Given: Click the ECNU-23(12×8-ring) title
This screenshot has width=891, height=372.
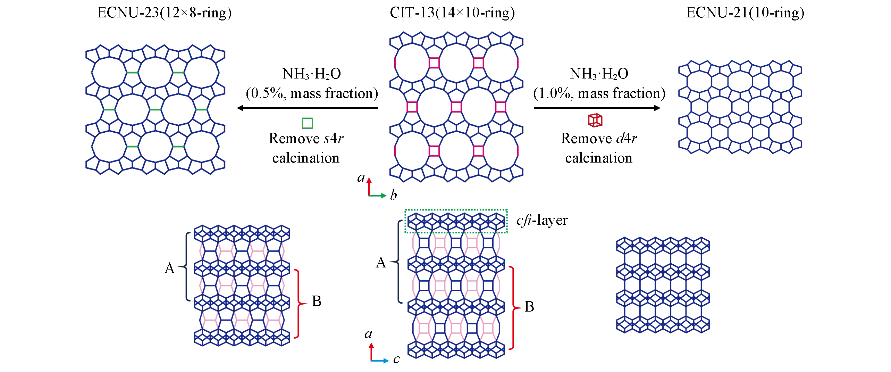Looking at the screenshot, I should point(164,13).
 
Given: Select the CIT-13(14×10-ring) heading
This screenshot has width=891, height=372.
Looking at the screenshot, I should point(452,13).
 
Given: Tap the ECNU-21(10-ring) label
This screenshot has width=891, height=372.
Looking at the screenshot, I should point(745,13).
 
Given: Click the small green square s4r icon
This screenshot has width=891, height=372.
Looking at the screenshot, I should point(307,123).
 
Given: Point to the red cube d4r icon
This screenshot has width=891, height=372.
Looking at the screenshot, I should point(595,120).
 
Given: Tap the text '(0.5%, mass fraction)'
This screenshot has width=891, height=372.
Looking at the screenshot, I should point(312,93).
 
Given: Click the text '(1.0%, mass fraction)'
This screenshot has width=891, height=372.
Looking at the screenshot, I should point(599,93).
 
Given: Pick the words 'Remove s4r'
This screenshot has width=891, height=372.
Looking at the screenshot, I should point(306,138).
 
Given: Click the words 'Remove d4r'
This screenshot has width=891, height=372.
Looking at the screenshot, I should point(599,138).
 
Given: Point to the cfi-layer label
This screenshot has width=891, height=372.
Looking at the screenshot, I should point(542,220).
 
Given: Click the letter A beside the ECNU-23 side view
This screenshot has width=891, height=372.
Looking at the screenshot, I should point(169,268).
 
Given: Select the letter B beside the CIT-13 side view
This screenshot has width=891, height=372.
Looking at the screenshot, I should point(529,307).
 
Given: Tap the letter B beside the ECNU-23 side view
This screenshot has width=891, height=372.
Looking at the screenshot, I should point(316,301).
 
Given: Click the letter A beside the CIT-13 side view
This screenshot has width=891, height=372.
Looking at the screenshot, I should point(381,262).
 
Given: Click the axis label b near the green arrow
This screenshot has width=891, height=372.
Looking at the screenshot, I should point(393,195).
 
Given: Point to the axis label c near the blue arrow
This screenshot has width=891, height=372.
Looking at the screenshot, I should point(396,359).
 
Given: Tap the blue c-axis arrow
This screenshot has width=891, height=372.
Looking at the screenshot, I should point(380,361).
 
